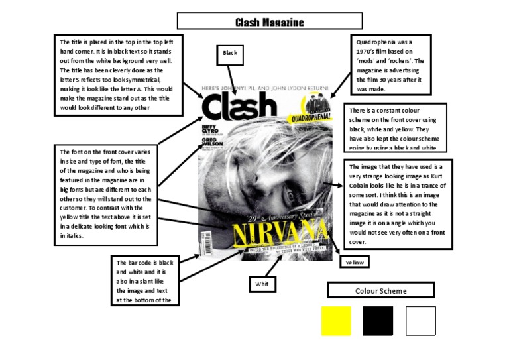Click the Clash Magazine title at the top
click(x=270, y=22)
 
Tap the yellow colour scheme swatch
click(x=335, y=320)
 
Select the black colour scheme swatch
click(x=378, y=320)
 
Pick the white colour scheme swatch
click(x=420, y=320)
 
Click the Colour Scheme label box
click(x=380, y=290)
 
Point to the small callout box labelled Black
click(x=230, y=53)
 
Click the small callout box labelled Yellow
click(x=355, y=262)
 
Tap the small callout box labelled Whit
click(x=260, y=284)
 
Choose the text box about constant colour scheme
click(x=395, y=127)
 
